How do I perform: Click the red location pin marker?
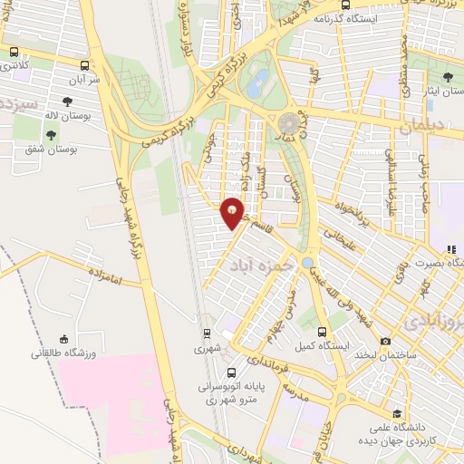[233, 212]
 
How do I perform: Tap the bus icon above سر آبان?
[85, 65]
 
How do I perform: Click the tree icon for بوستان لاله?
[67, 102]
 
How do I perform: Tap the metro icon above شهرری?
[206, 333]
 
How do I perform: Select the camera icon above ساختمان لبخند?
[385, 341]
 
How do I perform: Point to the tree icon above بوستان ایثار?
[448, 78]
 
